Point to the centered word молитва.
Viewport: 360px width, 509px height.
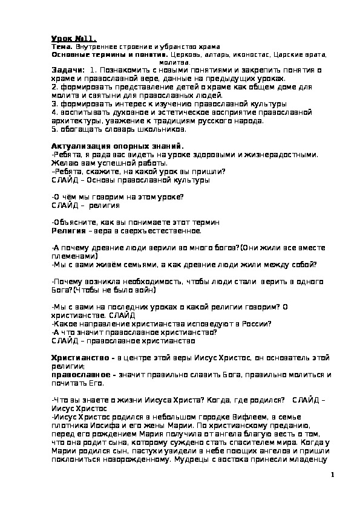tap(175, 62)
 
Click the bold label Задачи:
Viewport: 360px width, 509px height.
tap(68, 71)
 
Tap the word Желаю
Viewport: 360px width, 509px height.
tap(64, 163)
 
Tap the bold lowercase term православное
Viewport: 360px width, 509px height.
tap(82, 375)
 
